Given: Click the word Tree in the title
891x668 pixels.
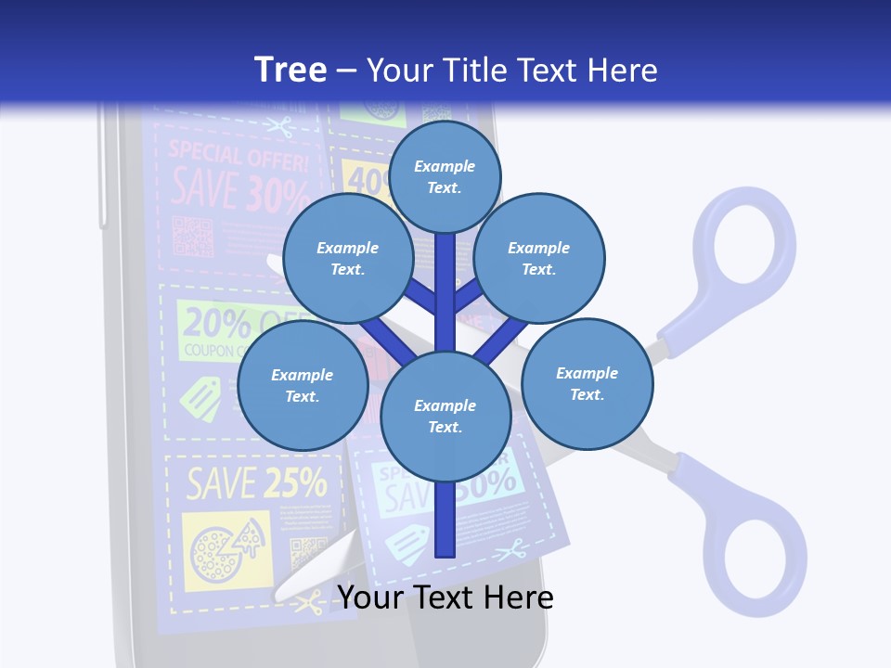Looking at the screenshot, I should [291, 70].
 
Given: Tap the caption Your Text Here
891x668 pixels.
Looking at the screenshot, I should [445, 597].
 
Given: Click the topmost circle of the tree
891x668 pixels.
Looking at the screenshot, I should [445, 176].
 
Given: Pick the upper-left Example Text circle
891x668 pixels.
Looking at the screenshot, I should [347, 258].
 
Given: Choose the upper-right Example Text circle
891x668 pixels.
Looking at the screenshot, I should [539, 258].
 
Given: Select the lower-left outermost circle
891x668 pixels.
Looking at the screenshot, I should [303, 385].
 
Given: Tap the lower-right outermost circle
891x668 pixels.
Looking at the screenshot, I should [587, 383].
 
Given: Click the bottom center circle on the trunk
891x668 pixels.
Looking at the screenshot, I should [445, 416].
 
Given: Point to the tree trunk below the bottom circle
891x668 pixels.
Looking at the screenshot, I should [445, 520].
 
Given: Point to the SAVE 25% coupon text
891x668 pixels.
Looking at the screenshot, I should [255, 482].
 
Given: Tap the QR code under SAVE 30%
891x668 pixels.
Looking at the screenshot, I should [193, 236].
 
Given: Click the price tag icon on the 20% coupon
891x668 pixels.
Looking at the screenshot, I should [200, 400].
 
